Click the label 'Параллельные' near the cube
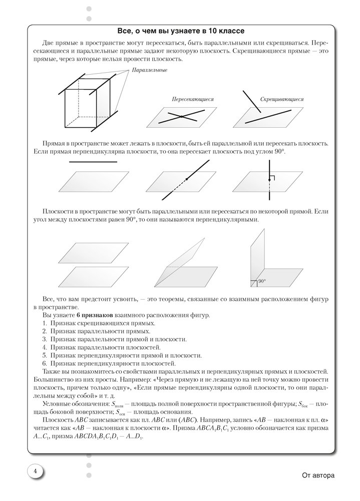click(x=150, y=71)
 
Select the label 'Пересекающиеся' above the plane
click(x=192, y=99)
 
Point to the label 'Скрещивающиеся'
click(x=282, y=99)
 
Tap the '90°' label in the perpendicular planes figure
click(x=262, y=282)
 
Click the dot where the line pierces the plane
click(x=186, y=179)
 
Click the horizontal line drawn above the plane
click(x=93, y=162)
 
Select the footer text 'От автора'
click(x=318, y=475)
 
